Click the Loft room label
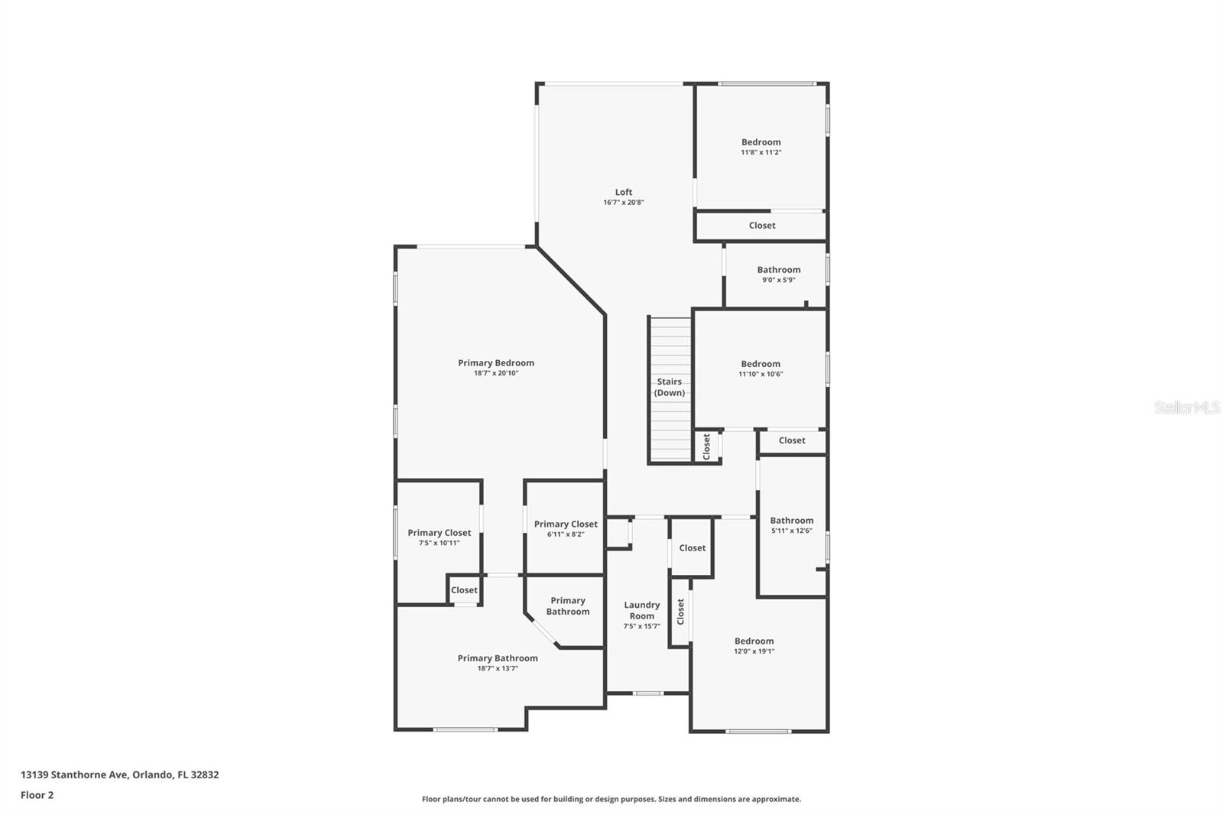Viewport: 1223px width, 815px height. [624, 193]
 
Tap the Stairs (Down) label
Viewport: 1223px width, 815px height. [670, 387]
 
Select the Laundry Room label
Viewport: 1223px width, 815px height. [642, 610]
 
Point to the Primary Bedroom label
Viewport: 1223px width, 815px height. [496, 363]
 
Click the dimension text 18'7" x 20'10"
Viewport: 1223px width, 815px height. [496, 373]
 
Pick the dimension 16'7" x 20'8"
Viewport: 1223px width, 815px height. [624, 203]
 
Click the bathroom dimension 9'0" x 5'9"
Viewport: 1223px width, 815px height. [779, 280]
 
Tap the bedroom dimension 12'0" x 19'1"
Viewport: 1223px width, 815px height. [754, 651]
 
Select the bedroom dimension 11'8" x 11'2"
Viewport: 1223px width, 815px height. [761, 152]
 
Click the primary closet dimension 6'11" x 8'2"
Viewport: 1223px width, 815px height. [566, 534]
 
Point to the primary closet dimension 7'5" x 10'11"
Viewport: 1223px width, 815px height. [440, 543]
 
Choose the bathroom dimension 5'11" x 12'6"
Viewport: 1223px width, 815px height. [792, 531]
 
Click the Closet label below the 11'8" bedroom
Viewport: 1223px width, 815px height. [762, 226]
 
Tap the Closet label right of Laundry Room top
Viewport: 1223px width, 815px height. [693, 548]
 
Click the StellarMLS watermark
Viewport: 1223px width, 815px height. [1187, 408]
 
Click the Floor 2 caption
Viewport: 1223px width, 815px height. [37, 795]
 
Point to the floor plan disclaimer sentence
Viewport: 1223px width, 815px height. [611, 799]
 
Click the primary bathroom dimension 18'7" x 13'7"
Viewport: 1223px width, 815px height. [498, 668]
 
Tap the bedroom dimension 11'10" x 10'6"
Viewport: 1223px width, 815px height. [761, 374]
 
